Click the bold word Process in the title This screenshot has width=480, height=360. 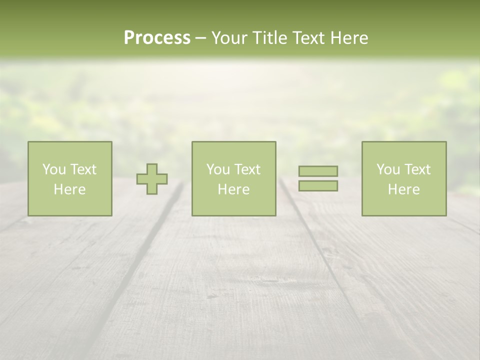pos(157,37)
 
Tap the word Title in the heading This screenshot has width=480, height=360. pos(269,37)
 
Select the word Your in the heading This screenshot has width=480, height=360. pos(230,37)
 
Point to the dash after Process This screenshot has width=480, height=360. pos(200,38)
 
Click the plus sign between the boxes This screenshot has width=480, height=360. pos(152,179)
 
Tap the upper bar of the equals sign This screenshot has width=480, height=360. pos(318,171)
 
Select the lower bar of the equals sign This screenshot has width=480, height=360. pos(318,185)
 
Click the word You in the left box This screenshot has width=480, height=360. pos(54,169)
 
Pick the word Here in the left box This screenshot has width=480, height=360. pos(69,189)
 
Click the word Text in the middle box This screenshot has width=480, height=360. pos(247,169)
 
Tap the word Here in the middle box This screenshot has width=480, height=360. pos(233,189)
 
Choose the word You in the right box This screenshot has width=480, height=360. pos(388,169)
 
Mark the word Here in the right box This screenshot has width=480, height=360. pos(403,189)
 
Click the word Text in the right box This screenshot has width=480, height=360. pos(417,169)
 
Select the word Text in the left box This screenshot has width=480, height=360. pos(83,169)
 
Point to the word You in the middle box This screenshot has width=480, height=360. pos(218,169)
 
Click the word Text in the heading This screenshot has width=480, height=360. pos(306,37)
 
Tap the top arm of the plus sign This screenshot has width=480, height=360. pos(152,168)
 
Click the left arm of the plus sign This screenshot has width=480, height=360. pos(141,179)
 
